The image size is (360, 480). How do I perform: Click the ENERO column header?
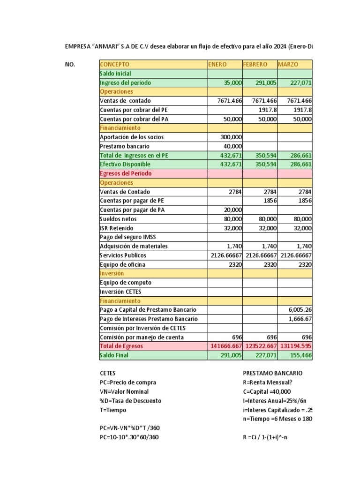click(217, 64)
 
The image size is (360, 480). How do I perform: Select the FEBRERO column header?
click(255, 64)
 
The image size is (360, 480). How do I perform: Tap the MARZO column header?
click(288, 64)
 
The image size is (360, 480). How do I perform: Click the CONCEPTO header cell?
click(115, 64)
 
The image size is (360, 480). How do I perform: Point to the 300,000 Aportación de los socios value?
click(231, 137)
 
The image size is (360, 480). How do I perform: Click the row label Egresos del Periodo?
click(126, 173)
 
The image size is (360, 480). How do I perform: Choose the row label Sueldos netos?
click(119, 219)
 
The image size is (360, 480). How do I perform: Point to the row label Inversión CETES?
click(121, 292)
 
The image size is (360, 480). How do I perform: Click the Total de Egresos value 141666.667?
click(225, 346)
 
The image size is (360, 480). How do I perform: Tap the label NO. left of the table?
click(70, 64)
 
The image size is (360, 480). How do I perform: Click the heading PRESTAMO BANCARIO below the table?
click(273, 373)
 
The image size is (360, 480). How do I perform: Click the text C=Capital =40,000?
click(267, 391)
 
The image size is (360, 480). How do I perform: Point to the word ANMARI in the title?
click(107, 47)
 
